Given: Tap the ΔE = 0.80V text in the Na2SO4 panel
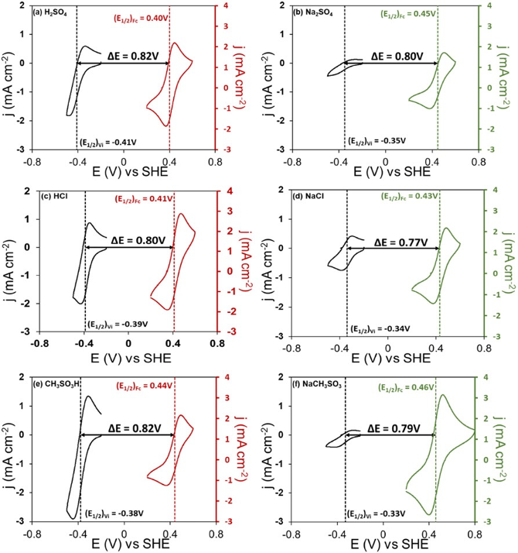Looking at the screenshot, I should [397, 56].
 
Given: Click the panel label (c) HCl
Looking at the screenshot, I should [56, 197].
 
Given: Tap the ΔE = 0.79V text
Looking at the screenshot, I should [393, 428].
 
